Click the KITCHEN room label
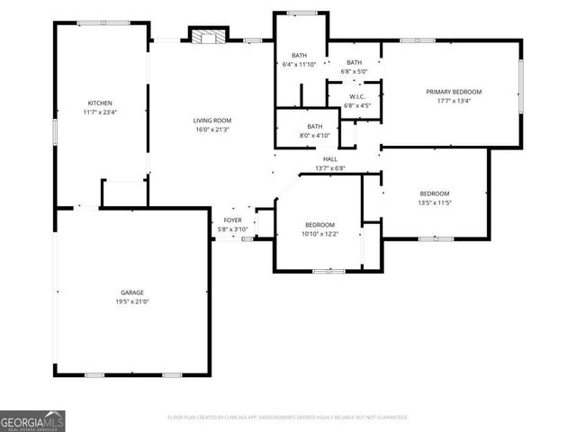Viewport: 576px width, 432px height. [x=99, y=103]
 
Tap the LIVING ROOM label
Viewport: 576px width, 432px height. [x=212, y=120]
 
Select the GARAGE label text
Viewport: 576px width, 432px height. [x=132, y=292]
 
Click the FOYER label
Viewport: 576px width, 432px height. [x=232, y=220]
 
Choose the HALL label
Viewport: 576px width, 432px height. [x=330, y=159]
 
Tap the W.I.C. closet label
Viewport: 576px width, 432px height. [x=357, y=96]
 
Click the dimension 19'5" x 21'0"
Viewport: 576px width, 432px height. [x=132, y=302]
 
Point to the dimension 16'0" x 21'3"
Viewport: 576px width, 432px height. [x=212, y=130]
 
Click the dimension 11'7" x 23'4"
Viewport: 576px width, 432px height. [x=99, y=112]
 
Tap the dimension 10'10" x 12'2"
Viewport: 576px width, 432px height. [x=319, y=234]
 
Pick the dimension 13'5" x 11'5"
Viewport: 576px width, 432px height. [x=434, y=203]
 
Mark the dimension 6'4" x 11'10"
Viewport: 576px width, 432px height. [x=299, y=65]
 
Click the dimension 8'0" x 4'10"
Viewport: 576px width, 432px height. [x=314, y=136]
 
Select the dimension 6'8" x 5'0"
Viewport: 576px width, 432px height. [x=354, y=71]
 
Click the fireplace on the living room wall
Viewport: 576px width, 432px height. [x=207, y=36]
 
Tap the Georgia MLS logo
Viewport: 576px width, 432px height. [x=32, y=421]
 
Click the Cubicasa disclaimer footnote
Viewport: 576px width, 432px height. [x=288, y=418]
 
